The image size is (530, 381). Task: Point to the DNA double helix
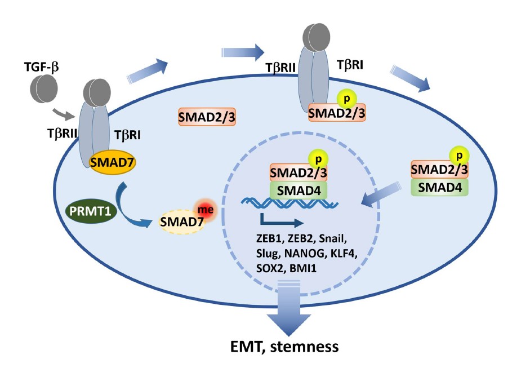[290, 205]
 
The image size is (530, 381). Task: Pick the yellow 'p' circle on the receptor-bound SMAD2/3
[346, 99]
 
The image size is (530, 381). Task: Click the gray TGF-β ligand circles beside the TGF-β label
[43, 91]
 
